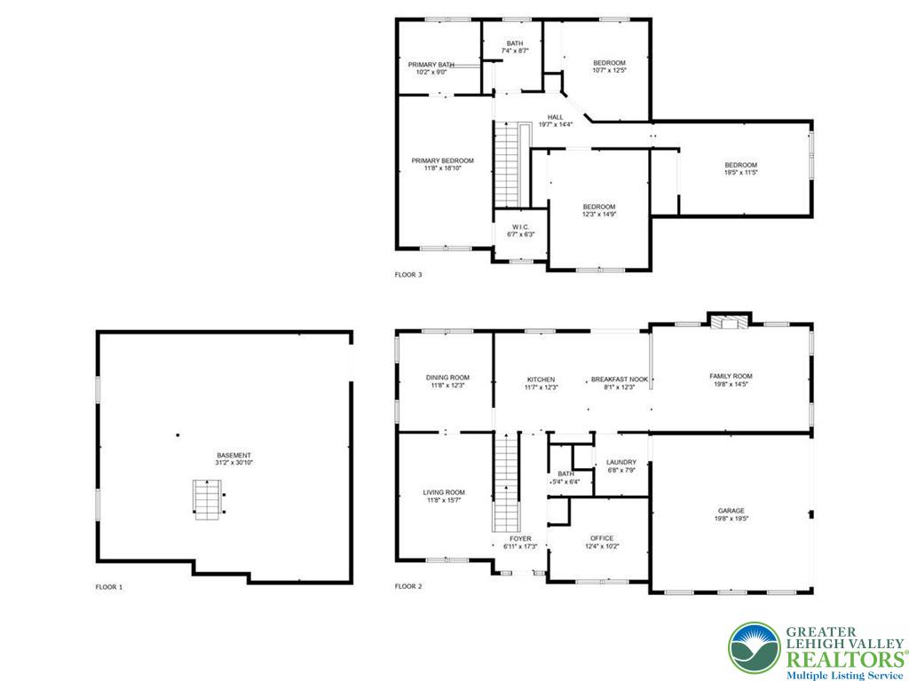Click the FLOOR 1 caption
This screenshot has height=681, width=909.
pyautogui.click(x=109, y=587)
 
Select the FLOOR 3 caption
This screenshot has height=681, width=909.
pyautogui.click(x=408, y=275)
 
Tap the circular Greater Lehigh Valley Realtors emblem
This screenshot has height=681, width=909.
pyautogui.click(x=755, y=648)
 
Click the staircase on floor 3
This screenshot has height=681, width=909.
pyautogui.click(x=507, y=164)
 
